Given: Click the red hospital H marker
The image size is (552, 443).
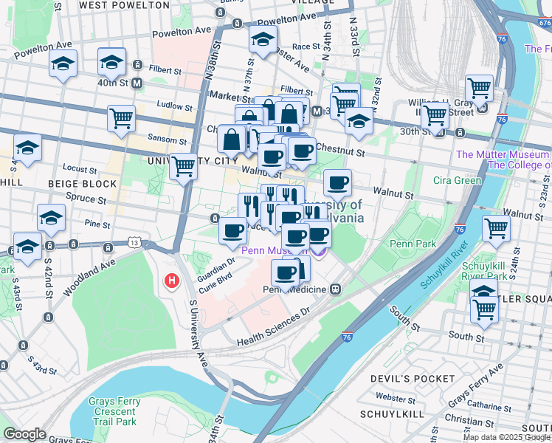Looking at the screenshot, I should point(172,281).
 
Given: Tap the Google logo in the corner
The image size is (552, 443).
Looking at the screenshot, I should point(24,434).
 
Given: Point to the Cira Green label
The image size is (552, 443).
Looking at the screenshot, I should point(458,180).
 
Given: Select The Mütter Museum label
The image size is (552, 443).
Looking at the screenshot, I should point(503,154).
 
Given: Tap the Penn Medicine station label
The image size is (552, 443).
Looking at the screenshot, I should point(295,289).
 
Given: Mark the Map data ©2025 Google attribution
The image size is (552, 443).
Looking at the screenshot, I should point(506,437).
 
